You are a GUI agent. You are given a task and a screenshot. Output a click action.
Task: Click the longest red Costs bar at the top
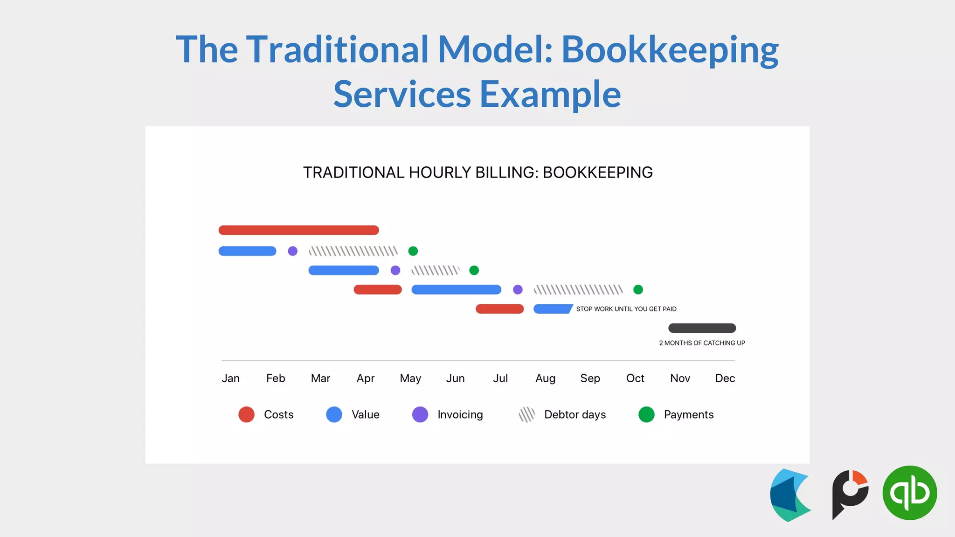(298, 230)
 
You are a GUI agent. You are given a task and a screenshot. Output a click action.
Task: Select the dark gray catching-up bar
(702, 328)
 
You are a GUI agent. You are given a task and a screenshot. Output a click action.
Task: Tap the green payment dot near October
(638, 290)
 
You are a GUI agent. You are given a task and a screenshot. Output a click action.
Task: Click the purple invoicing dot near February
(292, 251)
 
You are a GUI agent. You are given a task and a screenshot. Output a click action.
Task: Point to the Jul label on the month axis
(500, 378)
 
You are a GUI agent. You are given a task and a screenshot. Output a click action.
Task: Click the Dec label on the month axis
(725, 378)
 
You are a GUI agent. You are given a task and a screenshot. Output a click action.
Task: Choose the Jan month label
(230, 378)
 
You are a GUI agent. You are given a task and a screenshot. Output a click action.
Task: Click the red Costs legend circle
(246, 414)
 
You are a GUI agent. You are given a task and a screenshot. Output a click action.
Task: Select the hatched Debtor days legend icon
(526, 414)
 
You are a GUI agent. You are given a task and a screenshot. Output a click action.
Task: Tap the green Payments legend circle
(646, 414)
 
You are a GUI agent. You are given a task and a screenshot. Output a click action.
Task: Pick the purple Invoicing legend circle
(420, 414)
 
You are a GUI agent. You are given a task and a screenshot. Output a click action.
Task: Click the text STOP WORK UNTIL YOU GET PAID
(626, 309)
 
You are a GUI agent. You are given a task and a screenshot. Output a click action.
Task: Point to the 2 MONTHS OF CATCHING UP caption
(702, 343)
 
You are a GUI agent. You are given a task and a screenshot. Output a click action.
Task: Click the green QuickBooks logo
(909, 493)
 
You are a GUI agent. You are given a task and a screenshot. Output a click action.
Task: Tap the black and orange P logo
(850, 494)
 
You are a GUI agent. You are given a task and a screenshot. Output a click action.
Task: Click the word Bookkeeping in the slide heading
(670, 49)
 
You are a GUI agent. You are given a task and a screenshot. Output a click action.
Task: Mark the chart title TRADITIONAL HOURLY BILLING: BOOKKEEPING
(477, 172)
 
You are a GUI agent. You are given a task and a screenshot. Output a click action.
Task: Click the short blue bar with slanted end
(553, 309)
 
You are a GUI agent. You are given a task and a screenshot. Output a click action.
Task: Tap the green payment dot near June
(474, 270)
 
